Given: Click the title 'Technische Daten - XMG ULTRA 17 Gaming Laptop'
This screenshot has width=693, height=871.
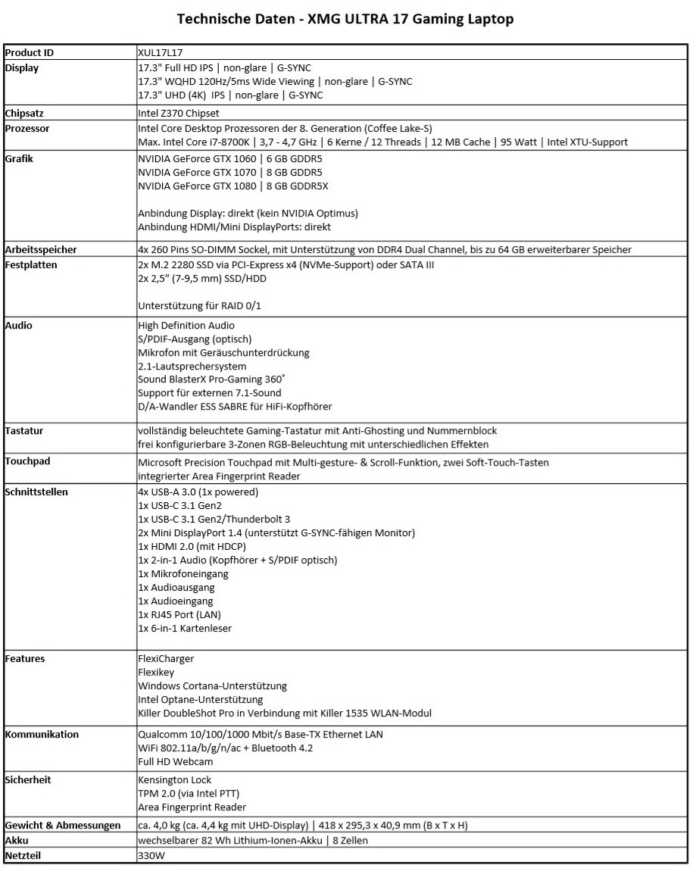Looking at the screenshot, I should tap(345, 19).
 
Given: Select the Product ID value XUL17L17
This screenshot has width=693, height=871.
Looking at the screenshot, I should tap(161, 53).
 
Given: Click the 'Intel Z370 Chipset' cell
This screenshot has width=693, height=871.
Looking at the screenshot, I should tap(179, 114).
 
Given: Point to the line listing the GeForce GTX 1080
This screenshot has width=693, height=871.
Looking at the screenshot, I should tap(233, 186).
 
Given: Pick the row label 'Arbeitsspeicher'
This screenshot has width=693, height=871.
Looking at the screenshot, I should tap(41, 249).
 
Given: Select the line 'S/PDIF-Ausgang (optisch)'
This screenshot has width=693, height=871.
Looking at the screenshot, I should tap(195, 339).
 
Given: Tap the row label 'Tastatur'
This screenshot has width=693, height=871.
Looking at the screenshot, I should tap(24, 430).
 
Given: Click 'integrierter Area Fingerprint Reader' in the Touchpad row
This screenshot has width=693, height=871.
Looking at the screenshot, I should tap(219, 476).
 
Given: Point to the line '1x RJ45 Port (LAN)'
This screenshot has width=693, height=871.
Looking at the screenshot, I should tap(179, 615).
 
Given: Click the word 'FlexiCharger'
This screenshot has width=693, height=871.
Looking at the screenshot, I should tap(166, 659).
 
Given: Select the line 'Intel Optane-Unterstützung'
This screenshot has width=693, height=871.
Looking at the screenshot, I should tap(201, 700).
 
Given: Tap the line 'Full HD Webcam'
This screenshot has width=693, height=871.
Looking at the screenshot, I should tap(175, 761).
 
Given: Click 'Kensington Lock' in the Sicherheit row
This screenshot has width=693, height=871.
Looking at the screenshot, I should tap(175, 780).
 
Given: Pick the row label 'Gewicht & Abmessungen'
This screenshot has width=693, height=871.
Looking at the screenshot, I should tap(63, 825).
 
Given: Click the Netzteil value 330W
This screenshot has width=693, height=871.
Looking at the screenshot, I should tap(151, 856).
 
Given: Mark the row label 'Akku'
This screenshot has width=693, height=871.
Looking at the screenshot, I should tap(17, 841).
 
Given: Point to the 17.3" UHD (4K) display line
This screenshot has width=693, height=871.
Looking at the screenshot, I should tap(230, 95).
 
